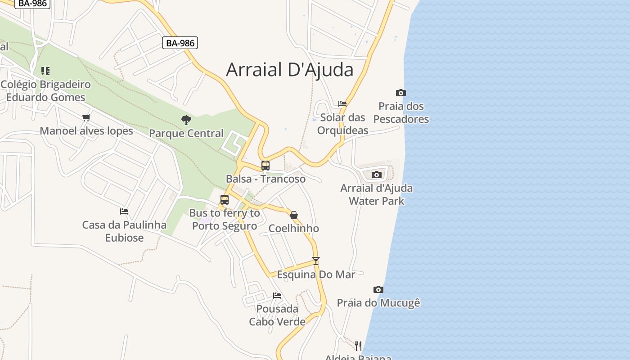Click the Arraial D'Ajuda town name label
tap(289, 70)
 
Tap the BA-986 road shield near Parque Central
tap(180, 43)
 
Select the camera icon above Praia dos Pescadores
tap(400, 93)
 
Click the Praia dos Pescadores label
tap(401, 112)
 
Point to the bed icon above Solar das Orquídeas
tap(342, 104)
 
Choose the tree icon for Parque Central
tap(186, 120)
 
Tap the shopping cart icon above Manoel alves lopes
tap(86, 118)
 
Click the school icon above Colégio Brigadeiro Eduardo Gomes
tap(45, 71)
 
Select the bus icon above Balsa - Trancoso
tap(265, 165)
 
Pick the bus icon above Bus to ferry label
tap(225, 199)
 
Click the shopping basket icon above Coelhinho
tap(294, 215)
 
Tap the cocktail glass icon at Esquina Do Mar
tap(316, 261)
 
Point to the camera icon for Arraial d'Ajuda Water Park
tap(377, 175)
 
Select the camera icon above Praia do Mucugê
tap(378, 289)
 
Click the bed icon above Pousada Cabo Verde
tap(277, 296)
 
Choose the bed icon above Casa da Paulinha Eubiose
tap(124, 211)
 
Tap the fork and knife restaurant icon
tap(358, 346)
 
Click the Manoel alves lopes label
tap(86, 131)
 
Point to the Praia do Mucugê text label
tap(378, 303)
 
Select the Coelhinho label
tap(294, 229)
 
